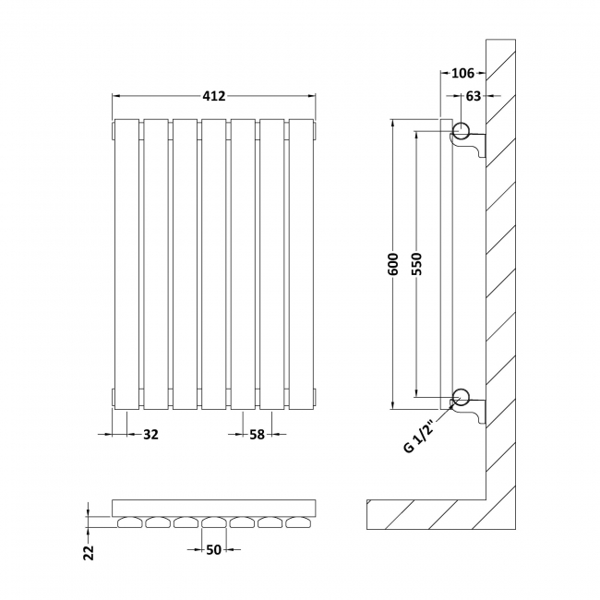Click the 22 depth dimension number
pos(89,552)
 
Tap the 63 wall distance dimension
pos(472,94)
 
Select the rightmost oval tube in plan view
pos(300,522)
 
